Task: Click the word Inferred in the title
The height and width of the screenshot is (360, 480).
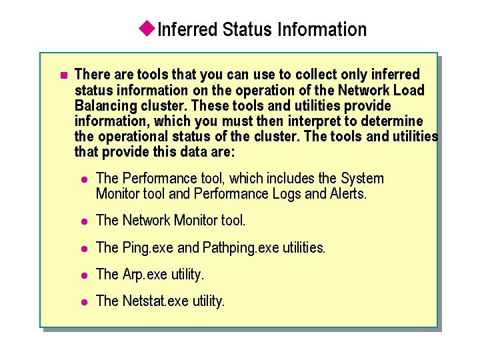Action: click(x=189, y=29)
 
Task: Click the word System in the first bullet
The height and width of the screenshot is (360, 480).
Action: click(x=362, y=179)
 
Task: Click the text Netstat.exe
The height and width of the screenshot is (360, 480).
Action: click(x=156, y=301)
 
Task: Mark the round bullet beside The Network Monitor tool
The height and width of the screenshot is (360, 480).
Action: click(x=83, y=221)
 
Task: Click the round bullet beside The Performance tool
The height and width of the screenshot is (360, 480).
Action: click(x=83, y=179)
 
